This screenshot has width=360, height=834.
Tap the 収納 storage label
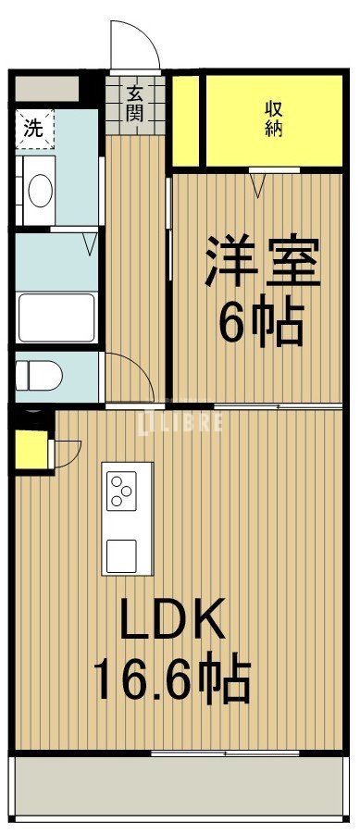tap(272, 118)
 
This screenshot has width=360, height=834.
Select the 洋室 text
tap(263, 263)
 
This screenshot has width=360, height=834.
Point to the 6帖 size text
tap(262, 323)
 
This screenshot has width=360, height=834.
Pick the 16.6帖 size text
tap(171, 680)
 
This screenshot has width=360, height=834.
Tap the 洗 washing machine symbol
tap(33, 129)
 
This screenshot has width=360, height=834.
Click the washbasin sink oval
tap(40, 190)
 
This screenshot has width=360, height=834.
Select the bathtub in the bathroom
tap(56, 317)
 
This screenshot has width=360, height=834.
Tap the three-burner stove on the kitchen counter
tap(122, 490)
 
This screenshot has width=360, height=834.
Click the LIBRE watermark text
tap(181, 421)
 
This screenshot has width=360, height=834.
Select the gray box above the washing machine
tap(45, 90)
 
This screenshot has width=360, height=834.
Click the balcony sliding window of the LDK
tap(222, 753)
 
